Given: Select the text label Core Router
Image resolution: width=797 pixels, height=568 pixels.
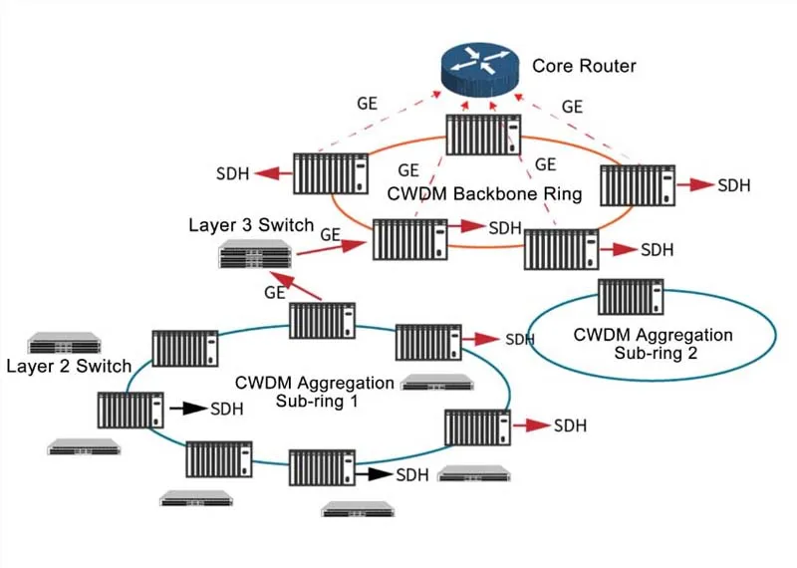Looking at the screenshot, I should [x=584, y=67].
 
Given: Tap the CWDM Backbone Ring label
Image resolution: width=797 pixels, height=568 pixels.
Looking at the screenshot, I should [x=483, y=193].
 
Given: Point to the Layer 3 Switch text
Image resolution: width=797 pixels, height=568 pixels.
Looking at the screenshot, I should [x=251, y=225].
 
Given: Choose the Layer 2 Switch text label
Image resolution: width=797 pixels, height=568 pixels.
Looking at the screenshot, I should [x=69, y=366].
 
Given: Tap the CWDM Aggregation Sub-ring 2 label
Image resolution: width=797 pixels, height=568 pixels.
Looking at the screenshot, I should [x=653, y=343].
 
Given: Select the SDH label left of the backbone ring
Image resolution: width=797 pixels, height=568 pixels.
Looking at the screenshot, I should [x=232, y=174].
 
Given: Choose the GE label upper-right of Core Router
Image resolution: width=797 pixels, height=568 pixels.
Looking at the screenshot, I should [x=572, y=107].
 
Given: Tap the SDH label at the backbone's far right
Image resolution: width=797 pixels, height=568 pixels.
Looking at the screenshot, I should [x=734, y=185].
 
